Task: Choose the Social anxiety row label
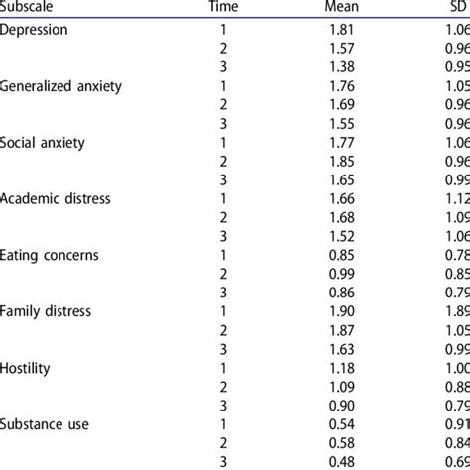(x=44, y=142)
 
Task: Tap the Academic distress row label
(x=56, y=198)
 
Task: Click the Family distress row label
(x=48, y=311)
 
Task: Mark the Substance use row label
(x=45, y=424)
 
